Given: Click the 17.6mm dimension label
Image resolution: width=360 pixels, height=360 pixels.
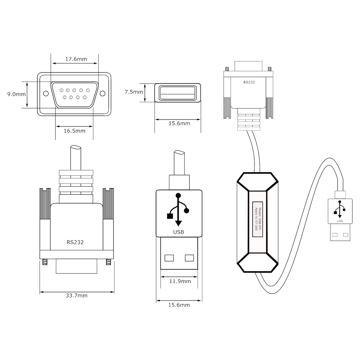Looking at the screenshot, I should (76, 59).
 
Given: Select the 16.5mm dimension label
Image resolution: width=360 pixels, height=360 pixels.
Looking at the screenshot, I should (74, 131).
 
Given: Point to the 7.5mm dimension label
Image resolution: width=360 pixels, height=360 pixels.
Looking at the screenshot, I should (134, 92).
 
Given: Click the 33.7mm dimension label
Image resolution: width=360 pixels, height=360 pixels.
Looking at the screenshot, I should (77, 296).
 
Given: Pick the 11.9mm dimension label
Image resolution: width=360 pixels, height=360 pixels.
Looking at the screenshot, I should (180, 281).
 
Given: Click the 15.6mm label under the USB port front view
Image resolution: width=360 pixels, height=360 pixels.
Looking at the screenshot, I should (179, 123).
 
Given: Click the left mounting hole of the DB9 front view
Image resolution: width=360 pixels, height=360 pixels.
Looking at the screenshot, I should (46, 94).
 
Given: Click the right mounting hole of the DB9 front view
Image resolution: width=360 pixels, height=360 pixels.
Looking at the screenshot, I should (102, 94).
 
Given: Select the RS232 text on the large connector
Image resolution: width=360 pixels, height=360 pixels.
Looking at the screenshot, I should (75, 242).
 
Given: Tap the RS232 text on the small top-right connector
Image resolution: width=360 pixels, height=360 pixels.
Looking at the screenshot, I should (249, 83).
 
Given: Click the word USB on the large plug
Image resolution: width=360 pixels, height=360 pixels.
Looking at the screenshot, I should (178, 232).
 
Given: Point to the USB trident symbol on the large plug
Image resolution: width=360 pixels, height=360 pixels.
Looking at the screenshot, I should (178, 210).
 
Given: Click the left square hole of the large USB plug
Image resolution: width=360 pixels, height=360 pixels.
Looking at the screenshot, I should (169, 258).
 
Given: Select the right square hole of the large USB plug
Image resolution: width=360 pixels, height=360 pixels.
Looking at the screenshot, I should (189, 258).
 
